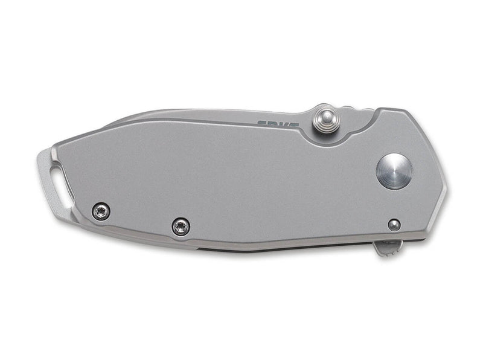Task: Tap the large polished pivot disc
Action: tap(394, 171)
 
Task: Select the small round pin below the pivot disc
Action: tap(394, 225)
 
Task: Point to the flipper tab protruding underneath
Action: tap(388, 247)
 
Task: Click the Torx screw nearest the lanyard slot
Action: tap(101, 211)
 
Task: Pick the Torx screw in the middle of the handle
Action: tap(181, 227)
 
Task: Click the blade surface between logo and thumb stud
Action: tap(296, 121)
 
